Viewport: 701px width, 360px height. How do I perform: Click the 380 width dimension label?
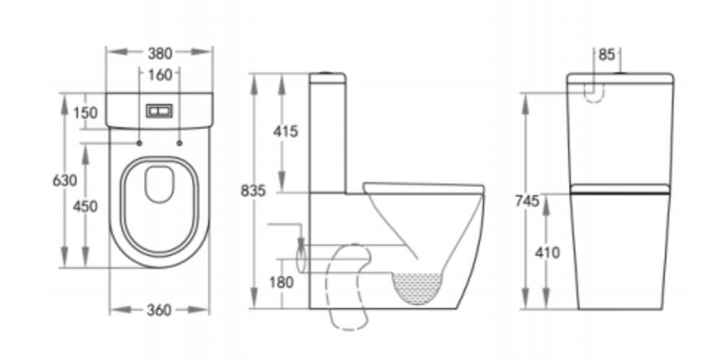pos(160,53)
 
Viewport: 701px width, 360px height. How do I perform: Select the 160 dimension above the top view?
pos(160,74)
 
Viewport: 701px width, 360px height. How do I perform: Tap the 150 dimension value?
pos(85,112)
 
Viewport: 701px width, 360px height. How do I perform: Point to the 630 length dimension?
pos(64,180)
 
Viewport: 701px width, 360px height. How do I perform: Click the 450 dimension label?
pos(85,206)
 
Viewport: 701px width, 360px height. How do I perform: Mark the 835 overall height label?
pos(254,192)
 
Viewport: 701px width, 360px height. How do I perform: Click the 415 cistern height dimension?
pos(285,132)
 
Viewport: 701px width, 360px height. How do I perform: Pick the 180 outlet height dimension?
pos(282,282)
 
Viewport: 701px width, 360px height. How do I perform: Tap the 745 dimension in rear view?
pos(528,201)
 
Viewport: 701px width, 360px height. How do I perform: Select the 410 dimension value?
pos(547,252)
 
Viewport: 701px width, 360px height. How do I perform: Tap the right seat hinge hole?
pos(179,142)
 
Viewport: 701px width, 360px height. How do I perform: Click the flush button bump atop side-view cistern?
pos(328,73)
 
